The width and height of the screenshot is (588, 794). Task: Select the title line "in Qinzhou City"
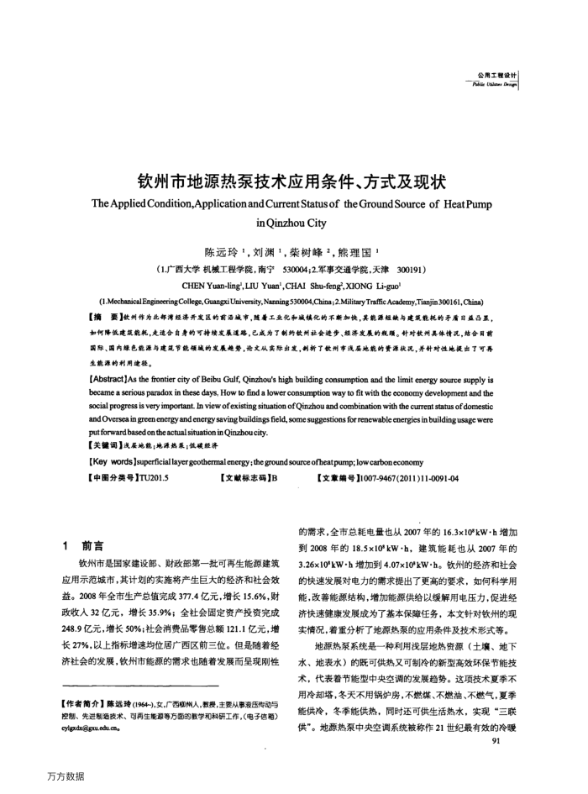[x=293, y=224]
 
